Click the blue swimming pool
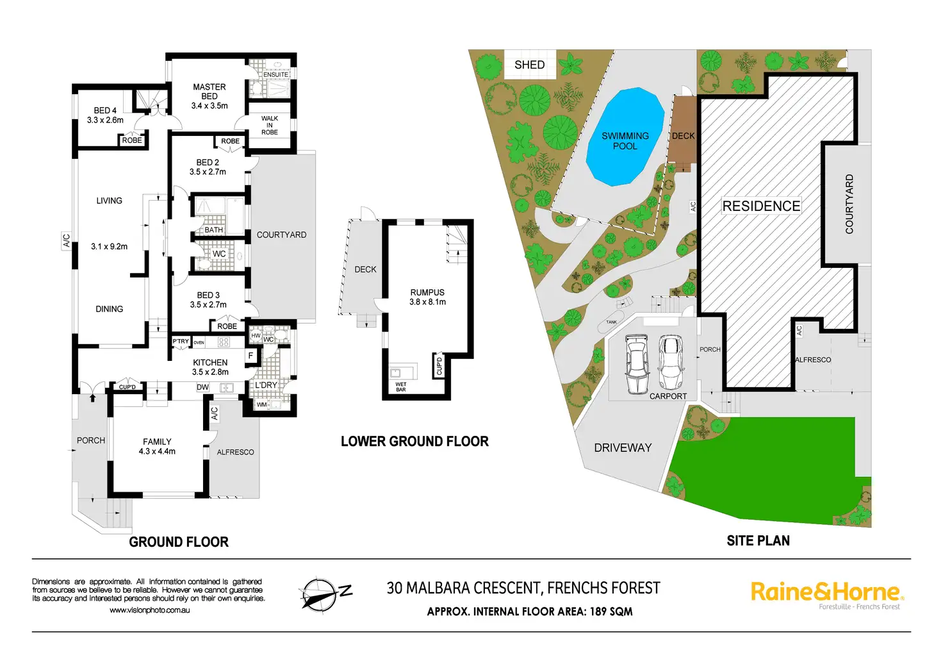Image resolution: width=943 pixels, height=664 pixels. point(625,138)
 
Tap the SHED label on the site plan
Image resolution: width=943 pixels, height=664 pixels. point(529,65)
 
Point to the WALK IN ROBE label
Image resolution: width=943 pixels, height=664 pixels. point(270,125)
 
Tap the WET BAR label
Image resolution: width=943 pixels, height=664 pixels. point(401,387)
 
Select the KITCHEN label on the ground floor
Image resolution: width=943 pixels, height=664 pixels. point(210,363)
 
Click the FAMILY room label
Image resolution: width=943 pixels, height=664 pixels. point(157,442)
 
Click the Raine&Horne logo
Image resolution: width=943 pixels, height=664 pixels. point(826,593)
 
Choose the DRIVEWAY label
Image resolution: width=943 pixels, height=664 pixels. point(623,448)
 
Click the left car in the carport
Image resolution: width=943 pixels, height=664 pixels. point(636,365)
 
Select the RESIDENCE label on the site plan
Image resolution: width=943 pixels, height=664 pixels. point(761,206)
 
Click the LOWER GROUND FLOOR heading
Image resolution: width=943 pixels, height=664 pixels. point(414,442)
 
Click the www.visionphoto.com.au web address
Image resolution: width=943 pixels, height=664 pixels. point(150,610)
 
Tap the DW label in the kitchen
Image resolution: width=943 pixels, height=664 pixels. point(202,387)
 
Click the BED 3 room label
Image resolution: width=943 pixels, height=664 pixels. point(208,295)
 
